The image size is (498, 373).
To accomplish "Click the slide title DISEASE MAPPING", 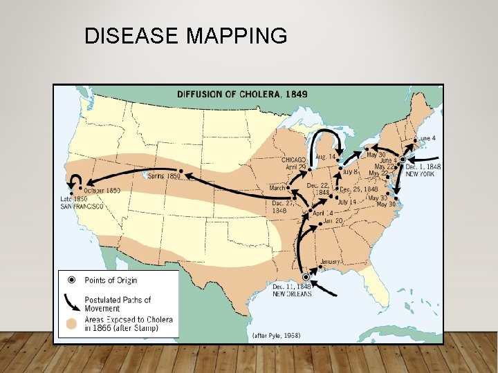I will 185,36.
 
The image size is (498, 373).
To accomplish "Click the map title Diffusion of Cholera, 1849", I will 243,94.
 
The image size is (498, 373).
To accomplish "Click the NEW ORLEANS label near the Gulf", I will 292,294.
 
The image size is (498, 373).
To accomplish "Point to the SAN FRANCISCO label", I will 82,206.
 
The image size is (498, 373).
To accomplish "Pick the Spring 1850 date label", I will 164,176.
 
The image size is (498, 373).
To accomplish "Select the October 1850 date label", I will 102,190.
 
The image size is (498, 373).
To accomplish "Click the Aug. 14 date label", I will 325,157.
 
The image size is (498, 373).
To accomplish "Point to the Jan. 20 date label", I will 333,221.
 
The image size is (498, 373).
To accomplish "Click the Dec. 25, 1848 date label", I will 360,189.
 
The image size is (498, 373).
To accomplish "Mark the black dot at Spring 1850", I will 181,170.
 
